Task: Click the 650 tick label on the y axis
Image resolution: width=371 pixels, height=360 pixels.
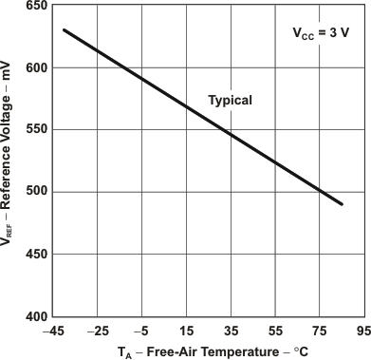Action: point(36,7)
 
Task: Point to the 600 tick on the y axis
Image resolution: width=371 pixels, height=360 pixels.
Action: point(36,67)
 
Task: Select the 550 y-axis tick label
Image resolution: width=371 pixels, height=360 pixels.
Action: point(36,129)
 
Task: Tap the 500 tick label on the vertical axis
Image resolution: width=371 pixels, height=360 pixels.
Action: point(36,191)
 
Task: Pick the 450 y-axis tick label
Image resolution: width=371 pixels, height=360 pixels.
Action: point(36,253)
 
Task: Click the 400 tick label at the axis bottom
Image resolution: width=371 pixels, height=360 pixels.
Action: point(36,315)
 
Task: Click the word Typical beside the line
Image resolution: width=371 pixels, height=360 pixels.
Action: point(231,101)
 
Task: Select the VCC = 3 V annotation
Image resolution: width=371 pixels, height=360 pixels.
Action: point(320,32)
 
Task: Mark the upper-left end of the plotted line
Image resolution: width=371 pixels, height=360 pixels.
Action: point(64,30)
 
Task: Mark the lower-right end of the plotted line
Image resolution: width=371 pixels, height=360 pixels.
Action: point(341,204)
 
